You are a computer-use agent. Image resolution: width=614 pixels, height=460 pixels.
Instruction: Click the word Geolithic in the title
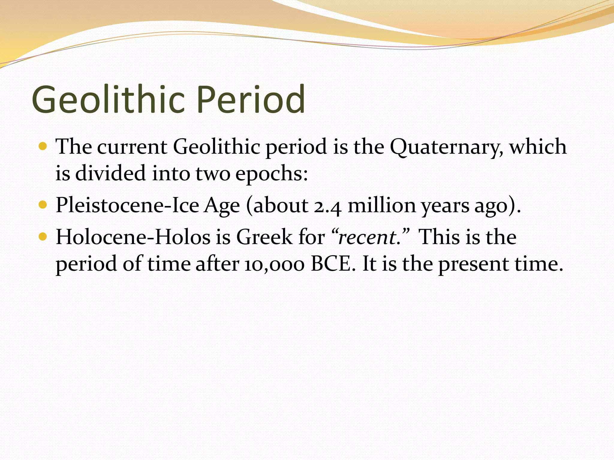point(108,99)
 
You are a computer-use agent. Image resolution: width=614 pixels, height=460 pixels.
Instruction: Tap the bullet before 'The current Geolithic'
point(43,147)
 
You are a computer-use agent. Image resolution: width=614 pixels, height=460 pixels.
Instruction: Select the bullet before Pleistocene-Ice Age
point(43,205)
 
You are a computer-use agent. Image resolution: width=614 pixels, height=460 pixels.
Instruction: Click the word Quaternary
point(446,147)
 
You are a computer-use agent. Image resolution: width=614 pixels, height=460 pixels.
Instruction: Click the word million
point(381,206)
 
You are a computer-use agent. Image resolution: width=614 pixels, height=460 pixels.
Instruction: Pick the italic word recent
point(367,237)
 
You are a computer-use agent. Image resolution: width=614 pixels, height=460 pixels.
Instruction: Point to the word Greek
point(264,237)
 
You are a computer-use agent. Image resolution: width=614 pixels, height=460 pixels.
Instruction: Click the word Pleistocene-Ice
point(127,206)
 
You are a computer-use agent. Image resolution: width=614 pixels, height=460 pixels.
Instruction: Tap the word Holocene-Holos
point(133,237)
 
